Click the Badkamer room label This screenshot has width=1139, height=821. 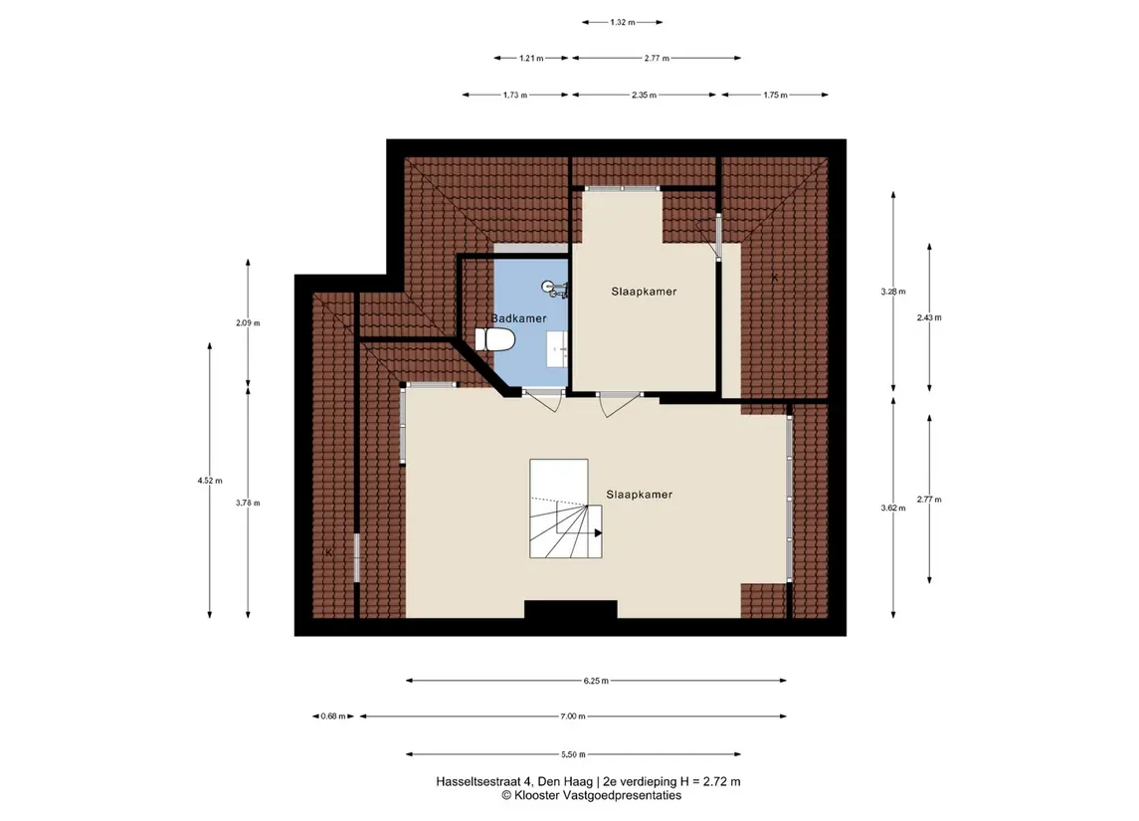click(x=518, y=318)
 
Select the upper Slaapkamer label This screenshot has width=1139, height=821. click(x=644, y=292)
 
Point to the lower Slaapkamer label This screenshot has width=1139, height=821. click(x=640, y=494)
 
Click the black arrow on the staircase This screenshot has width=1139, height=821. click(x=599, y=533)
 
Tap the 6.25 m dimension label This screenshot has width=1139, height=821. click(x=596, y=681)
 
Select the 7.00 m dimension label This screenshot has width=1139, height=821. click(x=572, y=717)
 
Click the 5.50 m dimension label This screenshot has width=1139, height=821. click(x=573, y=754)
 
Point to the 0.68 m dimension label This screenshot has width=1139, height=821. click(x=333, y=717)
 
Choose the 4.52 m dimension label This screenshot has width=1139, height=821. click(x=210, y=481)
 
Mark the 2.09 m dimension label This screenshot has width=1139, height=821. click(x=248, y=322)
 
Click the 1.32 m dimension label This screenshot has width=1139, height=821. click(x=622, y=23)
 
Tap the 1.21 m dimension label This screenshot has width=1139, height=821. click(x=531, y=58)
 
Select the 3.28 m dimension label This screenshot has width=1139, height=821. click(x=893, y=292)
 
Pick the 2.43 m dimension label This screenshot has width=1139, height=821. click(x=929, y=317)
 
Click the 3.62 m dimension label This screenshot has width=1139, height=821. click(x=893, y=508)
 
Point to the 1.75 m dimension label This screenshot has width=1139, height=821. click(x=775, y=96)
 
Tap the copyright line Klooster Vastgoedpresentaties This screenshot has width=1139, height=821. click(x=591, y=795)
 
